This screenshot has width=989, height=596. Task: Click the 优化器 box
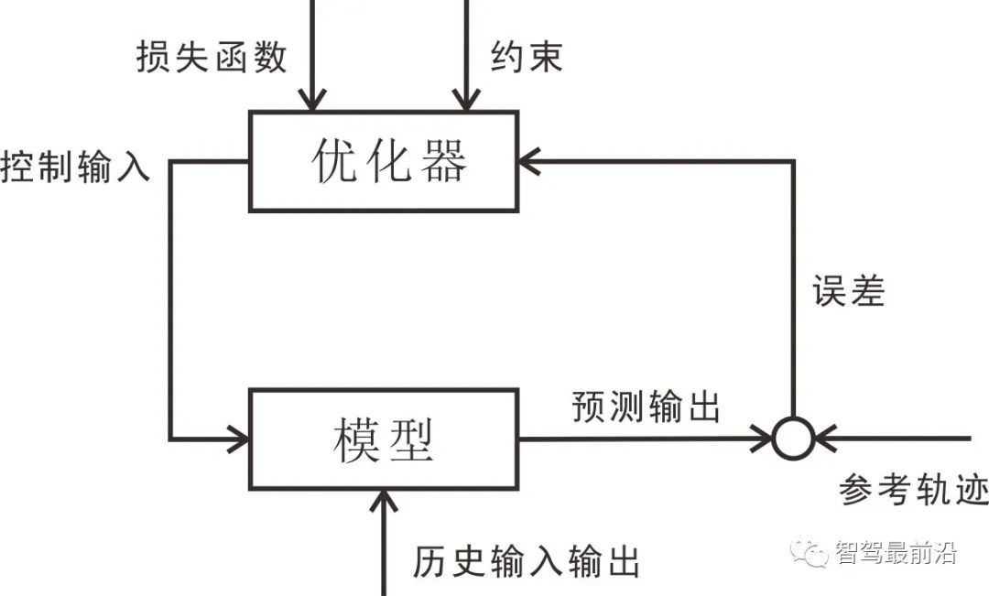tap(384, 162)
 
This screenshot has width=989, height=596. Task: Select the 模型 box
tap(384, 439)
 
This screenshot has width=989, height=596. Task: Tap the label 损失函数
tap(212, 57)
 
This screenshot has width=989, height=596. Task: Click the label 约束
tap(526, 57)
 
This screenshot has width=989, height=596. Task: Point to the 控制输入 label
tap(75, 168)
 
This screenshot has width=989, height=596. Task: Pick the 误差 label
tap(848, 290)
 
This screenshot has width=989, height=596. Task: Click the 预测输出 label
tap(646, 406)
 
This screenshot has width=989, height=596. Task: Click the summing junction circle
tap(793, 439)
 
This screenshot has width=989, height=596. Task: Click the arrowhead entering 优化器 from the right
tap(528, 162)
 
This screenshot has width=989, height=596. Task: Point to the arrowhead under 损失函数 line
tap(313, 100)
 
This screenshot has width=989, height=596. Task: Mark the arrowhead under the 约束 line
tap(467, 100)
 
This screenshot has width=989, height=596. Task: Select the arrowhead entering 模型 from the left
tap(239, 439)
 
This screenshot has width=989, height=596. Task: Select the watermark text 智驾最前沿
tap(895, 552)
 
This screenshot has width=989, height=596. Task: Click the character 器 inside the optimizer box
tap(443, 162)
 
